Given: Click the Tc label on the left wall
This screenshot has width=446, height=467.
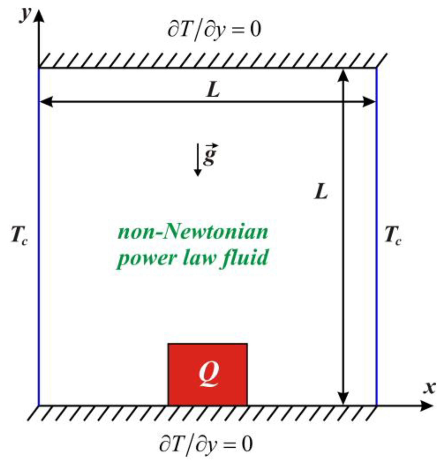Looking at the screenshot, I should click(x=19, y=236).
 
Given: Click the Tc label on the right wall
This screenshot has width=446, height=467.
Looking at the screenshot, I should click(x=393, y=236).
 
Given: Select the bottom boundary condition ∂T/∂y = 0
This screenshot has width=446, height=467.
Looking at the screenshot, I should click(x=206, y=444).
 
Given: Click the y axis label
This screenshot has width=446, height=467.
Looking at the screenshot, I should click(x=25, y=15).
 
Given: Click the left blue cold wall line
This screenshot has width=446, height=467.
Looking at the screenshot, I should click(x=39, y=235).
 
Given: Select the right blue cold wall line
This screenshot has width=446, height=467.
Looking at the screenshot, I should click(x=377, y=235).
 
